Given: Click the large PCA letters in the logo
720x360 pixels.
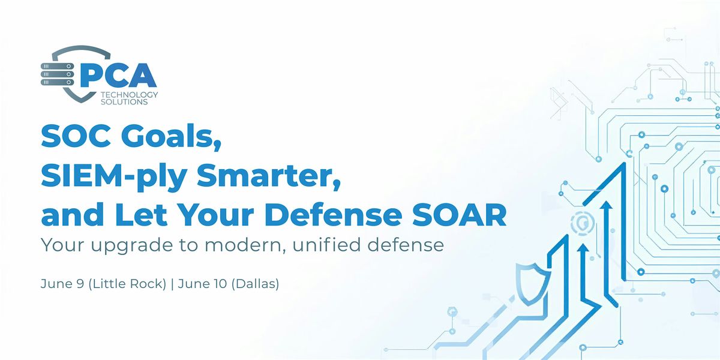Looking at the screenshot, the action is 118,75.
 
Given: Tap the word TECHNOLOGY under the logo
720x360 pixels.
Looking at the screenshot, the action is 129,95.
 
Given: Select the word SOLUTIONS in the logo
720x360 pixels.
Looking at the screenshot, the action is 124,102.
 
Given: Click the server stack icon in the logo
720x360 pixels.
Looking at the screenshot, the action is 57,74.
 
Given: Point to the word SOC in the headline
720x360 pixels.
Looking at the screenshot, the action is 77,136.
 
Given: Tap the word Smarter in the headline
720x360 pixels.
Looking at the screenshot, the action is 269,176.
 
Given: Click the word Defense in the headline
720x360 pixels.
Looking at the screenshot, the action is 333,215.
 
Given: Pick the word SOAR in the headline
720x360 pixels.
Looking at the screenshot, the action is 460,215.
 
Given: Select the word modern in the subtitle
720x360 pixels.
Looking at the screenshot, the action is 245,245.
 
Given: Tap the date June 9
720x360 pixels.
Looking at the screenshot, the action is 62,284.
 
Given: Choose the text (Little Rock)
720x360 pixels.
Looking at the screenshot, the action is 127,284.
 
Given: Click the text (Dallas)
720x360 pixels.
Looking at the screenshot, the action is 255,284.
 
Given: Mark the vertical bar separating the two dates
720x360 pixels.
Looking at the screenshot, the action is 172,284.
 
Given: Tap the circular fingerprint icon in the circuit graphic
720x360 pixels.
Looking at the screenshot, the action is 582,223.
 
